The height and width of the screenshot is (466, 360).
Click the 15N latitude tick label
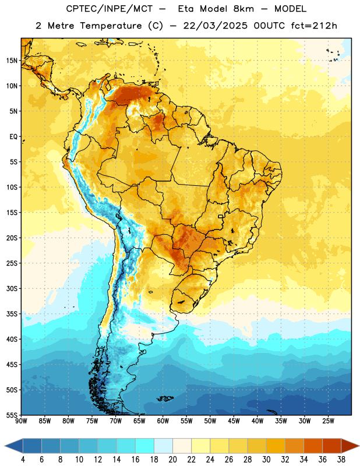click(12, 61)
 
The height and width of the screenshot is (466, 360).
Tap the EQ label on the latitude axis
click(13, 137)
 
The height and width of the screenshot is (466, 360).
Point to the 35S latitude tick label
click(12, 314)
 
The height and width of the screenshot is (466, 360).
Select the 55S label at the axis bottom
click(12, 415)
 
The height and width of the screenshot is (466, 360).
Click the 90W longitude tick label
click(21, 421)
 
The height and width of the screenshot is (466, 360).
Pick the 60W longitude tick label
click(163, 421)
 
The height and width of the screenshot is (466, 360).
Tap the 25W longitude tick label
click(328, 421)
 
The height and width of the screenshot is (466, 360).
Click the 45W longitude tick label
click(234, 421)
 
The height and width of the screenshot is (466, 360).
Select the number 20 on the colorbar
click(172, 460)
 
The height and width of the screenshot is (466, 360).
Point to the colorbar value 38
click(341, 460)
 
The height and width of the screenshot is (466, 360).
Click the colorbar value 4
click(23, 460)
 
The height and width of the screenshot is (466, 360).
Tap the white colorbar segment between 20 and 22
click(182, 446)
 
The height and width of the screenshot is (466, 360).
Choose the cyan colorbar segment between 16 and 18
click(144, 446)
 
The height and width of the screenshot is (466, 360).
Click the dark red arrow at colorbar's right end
click(350, 446)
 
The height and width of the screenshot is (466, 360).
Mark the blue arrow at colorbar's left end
click(14, 446)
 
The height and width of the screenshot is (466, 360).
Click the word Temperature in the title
click(111, 26)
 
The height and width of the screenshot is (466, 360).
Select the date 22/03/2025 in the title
click(215, 26)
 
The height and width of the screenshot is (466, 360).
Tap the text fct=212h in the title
click(314, 26)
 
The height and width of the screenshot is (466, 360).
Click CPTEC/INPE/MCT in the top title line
click(109, 9)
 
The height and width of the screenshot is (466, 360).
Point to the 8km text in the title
click(243, 9)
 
